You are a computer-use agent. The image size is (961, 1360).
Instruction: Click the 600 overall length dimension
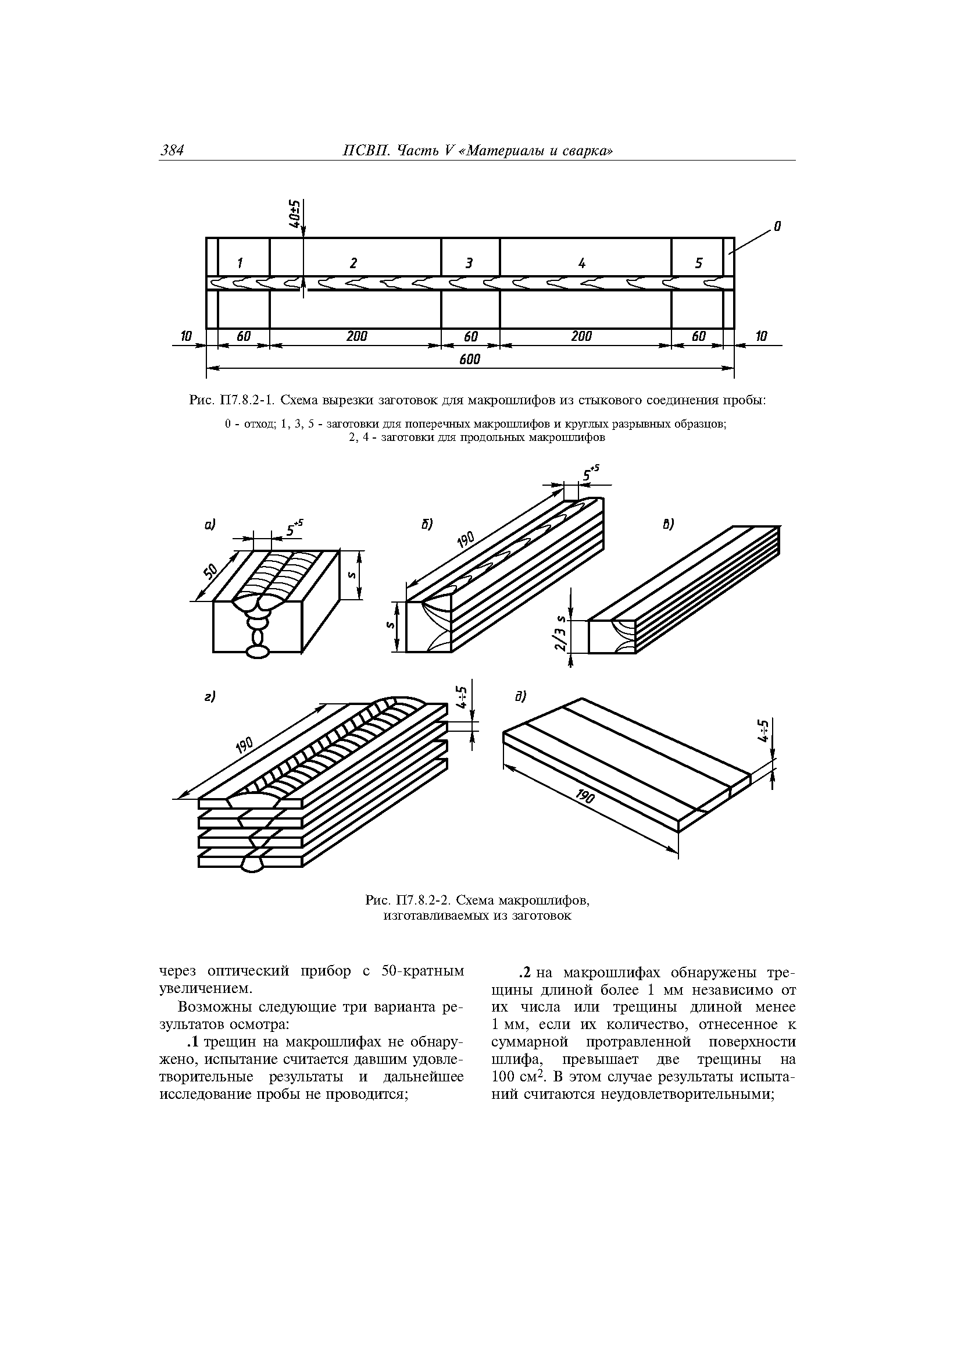[x=470, y=359]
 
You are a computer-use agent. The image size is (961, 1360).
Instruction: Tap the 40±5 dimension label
[x=295, y=217]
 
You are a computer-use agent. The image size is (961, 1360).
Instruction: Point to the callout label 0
[x=778, y=226]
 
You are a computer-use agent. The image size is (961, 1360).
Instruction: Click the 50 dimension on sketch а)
[x=212, y=573]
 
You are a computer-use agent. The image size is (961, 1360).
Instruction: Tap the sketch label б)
[x=427, y=524]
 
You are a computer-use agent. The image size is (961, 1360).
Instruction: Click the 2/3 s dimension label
[x=559, y=637]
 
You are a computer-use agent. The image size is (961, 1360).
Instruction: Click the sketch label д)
[x=520, y=697]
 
